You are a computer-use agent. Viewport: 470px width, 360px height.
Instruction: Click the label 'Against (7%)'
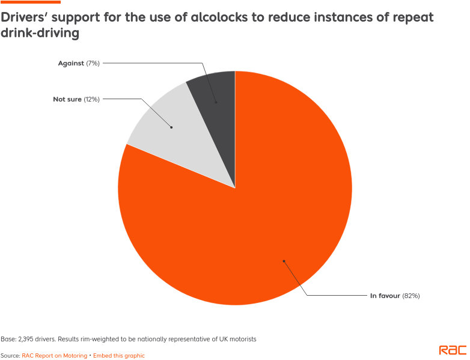pyautogui.click(x=78, y=63)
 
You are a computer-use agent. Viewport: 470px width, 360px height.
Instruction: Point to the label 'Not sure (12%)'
pyautogui.click(x=75, y=99)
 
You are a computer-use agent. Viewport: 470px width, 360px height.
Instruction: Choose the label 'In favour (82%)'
pyautogui.click(x=394, y=296)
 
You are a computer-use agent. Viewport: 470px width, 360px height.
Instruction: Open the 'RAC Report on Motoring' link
pyautogui.click(x=55, y=356)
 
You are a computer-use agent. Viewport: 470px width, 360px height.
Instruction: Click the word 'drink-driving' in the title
pyautogui.click(x=40, y=33)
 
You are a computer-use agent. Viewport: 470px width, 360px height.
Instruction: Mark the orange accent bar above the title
pyautogui.click(x=30, y=2)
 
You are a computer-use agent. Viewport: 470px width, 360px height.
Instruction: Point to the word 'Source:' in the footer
pyautogui.click(x=10, y=356)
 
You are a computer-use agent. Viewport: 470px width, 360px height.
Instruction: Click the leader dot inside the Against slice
pyautogui.click(x=215, y=102)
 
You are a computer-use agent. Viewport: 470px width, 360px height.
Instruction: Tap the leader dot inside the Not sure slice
pyautogui.click(x=171, y=127)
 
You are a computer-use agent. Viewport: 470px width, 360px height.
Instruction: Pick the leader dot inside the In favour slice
pyautogui.click(x=284, y=261)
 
